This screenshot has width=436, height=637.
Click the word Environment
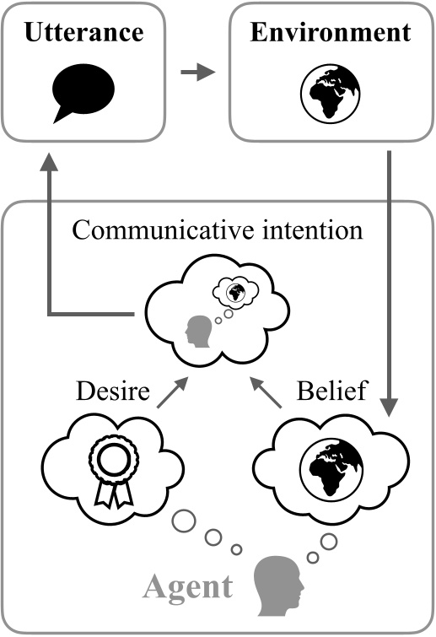click(x=330, y=34)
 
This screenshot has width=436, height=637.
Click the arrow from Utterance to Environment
click(x=199, y=74)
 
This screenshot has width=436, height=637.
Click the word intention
click(x=316, y=230)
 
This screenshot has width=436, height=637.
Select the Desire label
click(x=114, y=392)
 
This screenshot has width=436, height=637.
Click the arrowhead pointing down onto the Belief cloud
click(x=390, y=406)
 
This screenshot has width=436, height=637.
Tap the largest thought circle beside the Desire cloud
click(x=182, y=520)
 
